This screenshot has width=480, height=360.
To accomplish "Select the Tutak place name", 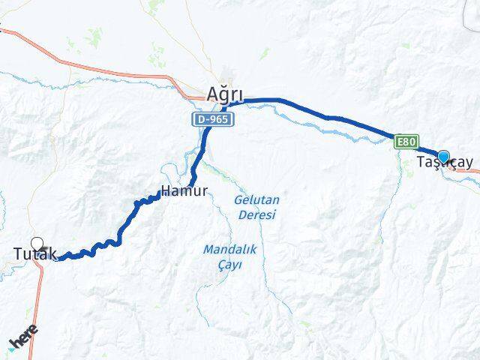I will (x=34, y=255).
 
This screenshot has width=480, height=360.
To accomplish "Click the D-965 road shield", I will (x=211, y=119).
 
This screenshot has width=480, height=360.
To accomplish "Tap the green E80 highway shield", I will (x=406, y=141).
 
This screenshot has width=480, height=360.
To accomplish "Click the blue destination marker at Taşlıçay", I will (x=444, y=156).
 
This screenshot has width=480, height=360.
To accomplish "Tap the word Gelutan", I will (x=256, y=200).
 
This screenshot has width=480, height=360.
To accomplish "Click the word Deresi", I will (x=257, y=214).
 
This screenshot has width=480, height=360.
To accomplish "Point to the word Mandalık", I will (x=229, y=249).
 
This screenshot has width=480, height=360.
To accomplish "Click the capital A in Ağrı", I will (x=212, y=94).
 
